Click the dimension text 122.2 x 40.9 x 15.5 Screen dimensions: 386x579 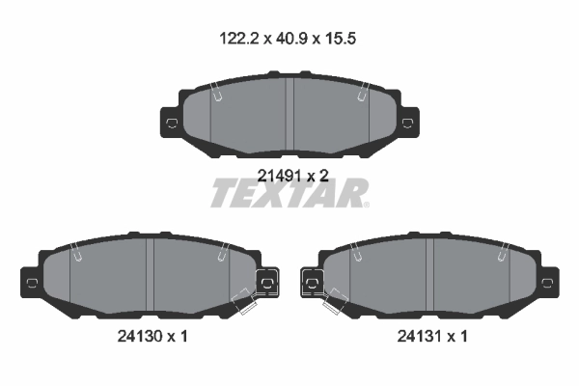coord(289,40)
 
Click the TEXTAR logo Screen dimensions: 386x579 coord(289,194)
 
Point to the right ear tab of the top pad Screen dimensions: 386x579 coord(408,123)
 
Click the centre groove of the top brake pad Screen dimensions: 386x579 coord(290,114)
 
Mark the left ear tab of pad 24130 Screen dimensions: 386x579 coord(31,282)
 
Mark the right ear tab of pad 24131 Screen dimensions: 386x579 coord(549,282)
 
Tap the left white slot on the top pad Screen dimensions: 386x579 coord(217,94)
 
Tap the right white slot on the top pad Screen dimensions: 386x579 coord(363,94)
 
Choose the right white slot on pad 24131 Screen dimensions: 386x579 coord(504,254)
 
